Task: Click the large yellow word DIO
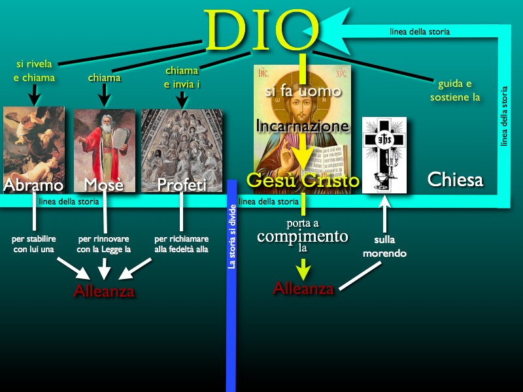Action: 261,30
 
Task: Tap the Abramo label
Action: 33,185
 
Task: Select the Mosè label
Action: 104,185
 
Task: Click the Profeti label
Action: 182,185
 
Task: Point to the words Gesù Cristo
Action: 303,180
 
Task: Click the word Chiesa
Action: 455,180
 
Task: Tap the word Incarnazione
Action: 303,126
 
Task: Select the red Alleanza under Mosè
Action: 104,291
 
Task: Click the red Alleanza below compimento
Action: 303,288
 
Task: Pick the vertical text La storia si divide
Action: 232,237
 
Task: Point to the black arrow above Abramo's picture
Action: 35,95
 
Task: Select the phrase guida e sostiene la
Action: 455,90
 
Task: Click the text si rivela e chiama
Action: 35,71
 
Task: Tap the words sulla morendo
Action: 384,247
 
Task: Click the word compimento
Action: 303,236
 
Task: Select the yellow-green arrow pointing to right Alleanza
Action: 303,269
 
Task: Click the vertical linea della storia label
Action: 504,116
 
